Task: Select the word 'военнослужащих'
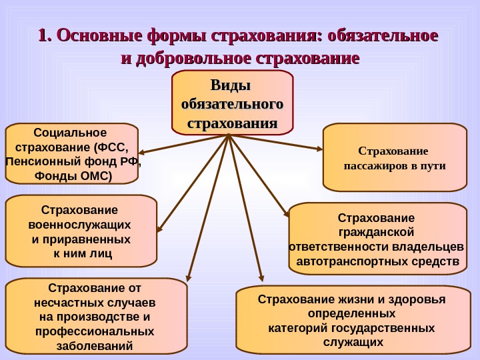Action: tap(81, 224)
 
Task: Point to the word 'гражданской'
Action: tap(377, 232)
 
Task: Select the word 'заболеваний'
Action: tap(94, 346)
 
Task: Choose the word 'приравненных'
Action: tap(87, 239)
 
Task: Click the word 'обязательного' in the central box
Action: tap(232, 105)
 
